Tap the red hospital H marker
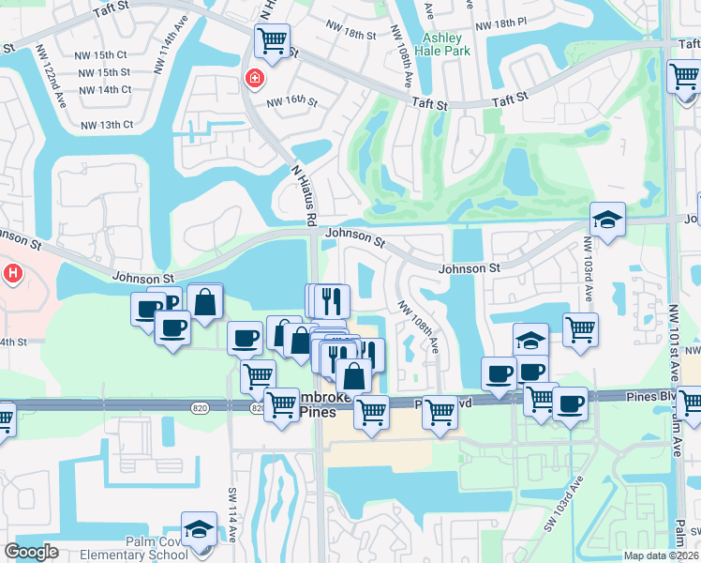13,274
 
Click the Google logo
31,552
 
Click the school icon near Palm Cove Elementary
199,529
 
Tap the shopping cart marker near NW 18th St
272,40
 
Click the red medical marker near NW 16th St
253,80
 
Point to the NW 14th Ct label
105,89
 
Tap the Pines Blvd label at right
649,397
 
